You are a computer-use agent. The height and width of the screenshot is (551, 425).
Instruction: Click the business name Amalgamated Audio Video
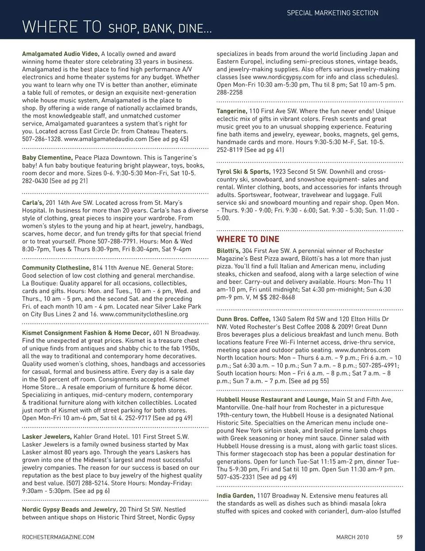(x=61, y=54)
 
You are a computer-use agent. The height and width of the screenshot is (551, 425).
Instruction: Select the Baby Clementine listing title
(x=47, y=158)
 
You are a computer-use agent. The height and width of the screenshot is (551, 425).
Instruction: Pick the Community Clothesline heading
(x=56, y=268)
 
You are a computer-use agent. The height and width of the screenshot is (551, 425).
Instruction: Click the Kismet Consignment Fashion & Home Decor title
(x=86, y=333)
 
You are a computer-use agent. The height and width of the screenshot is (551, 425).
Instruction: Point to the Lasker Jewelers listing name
(x=46, y=437)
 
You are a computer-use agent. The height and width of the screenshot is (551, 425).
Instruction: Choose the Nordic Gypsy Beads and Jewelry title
(x=70, y=509)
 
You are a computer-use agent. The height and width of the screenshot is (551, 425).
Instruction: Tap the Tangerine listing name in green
(x=232, y=111)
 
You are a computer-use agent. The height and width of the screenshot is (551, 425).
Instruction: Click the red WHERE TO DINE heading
(x=248, y=239)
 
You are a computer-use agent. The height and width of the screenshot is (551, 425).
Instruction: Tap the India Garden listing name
(x=236, y=496)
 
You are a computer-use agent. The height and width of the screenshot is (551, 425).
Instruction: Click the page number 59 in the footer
(x=399, y=537)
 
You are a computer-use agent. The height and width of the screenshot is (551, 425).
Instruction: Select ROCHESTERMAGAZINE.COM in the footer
(x=58, y=537)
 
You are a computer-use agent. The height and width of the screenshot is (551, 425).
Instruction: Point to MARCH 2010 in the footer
(x=352, y=537)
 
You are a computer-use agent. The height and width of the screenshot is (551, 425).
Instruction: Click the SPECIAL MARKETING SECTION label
(x=332, y=13)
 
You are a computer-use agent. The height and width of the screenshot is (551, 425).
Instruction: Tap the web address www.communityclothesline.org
(x=144, y=315)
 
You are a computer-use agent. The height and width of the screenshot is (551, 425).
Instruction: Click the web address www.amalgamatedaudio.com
(x=105, y=139)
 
